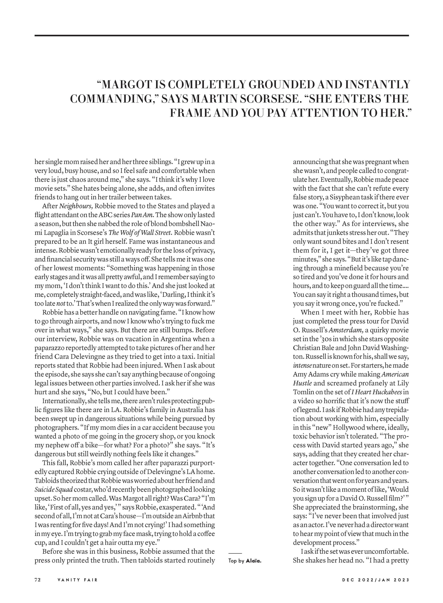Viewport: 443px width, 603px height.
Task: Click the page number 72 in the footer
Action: tap(37, 580)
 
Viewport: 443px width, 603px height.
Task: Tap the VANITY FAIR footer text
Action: tap(78, 580)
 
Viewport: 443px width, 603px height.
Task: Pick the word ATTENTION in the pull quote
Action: tap(324, 113)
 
